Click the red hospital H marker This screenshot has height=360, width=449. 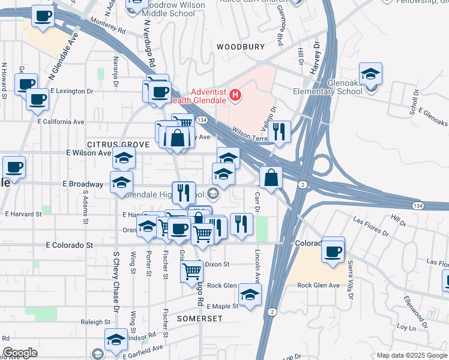coord(235,95)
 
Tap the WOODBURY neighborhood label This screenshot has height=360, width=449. coord(241,46)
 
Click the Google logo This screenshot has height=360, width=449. coord(20,353)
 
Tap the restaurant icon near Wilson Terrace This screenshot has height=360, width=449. coord(279,131)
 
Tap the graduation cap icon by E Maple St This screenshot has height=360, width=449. coord(250,294)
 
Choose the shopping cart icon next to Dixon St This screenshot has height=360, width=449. coord(192,271)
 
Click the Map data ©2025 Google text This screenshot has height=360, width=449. coord(411,355)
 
